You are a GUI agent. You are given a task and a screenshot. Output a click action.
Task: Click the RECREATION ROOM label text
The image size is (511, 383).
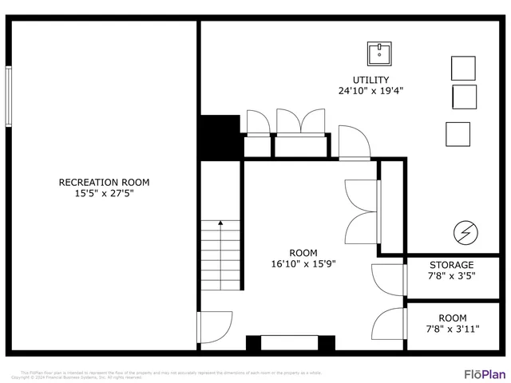coord(104,182)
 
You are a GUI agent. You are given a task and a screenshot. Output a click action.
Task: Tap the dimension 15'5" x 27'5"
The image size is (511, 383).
coord(104,193)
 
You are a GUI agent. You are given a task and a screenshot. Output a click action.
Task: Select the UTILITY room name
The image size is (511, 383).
coord(370,80)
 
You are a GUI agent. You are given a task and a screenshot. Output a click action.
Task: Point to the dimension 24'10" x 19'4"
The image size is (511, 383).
coord(370,91)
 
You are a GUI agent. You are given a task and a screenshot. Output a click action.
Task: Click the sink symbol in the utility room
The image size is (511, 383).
coord(379,54)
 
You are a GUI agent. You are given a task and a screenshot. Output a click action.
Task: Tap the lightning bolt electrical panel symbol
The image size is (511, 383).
coord(465,233)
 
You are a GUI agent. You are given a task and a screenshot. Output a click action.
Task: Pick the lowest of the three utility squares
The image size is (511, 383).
coord(458,133)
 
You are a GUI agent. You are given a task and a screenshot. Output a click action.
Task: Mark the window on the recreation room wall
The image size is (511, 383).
coord(9,96)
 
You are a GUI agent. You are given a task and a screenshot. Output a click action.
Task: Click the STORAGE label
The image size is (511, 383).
coord(452,265)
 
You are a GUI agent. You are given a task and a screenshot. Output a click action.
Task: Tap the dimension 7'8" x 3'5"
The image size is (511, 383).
coord(452,276)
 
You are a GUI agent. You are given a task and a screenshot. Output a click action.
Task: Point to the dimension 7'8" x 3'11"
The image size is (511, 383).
coord(452,328)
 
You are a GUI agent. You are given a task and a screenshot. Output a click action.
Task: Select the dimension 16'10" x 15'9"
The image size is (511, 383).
coord(303,263)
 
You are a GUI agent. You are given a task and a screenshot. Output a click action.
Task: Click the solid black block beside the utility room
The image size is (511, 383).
coord(220,137)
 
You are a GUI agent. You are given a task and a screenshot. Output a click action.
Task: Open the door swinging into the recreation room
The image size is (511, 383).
coord(213,327)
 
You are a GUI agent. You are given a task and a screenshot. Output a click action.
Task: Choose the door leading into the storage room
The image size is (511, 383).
coord(390,279)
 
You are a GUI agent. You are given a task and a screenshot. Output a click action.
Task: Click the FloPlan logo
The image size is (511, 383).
coord(485,373)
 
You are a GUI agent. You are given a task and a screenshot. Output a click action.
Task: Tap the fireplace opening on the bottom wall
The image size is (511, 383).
coord(290,344)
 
